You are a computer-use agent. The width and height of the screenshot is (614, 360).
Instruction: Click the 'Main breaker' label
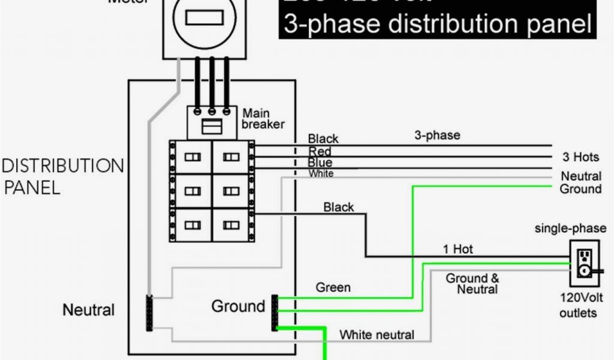pyautogui.click(x=263, y=119)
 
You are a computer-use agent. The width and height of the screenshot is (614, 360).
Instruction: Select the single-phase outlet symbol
pyautogui.click(x=583, y=263)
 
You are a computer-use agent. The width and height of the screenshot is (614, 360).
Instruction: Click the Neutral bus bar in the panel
pyautogui.click(x=149, y=312)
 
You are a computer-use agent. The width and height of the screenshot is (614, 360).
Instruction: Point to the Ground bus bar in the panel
pyautogui.click(x=275, y=312)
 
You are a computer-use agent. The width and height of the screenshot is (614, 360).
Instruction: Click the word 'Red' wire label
pyautogui.click(x=320, y=151)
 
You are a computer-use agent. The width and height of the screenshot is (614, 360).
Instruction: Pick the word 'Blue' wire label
pyautogui.click(x=320, y=163)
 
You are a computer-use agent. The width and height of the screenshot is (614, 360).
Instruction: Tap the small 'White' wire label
pyautogui.click(x=321, y=173)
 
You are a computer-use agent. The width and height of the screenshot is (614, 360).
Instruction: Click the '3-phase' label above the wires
pyautogui.click(x=437, y=136)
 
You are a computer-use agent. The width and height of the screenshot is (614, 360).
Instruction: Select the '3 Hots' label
pyautogui.click(x=580, y=157)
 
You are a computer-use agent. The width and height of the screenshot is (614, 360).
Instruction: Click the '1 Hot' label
pyautogui.click(x=458, y=249)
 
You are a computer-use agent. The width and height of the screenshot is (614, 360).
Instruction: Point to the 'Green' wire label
pyautogui.click(x=333, y=287)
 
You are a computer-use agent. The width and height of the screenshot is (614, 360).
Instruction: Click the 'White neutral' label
pyautogui.click(x=377, y=334)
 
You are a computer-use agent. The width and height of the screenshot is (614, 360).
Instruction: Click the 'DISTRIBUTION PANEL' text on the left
pyautogui.click(x=63, y=176)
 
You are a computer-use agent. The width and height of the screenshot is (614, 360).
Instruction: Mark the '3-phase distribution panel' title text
pyautogui.click(x=438, y=24)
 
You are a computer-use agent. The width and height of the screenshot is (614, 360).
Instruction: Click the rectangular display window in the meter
pyautogui.click(x=204, y=18)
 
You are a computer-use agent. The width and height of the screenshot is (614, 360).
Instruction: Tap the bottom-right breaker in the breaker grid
pyautogui.click(x=232, y=226)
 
